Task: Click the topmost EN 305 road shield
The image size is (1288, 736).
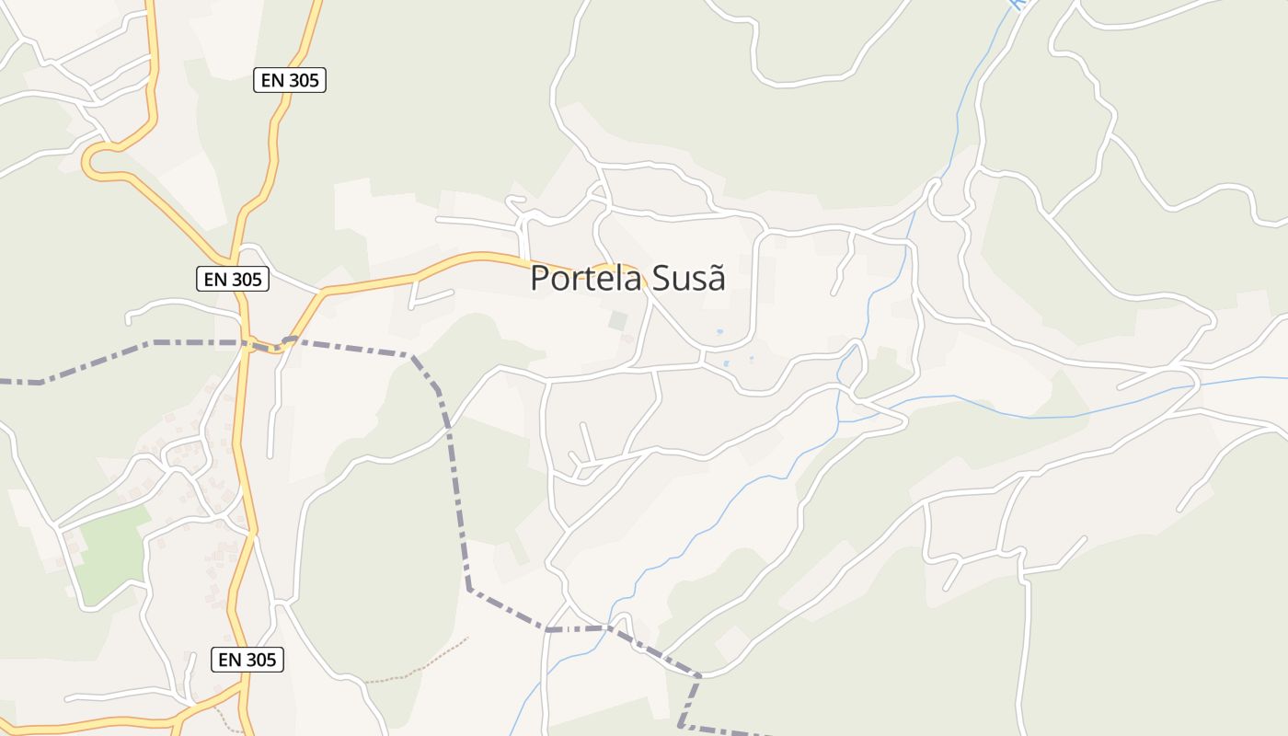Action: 290,80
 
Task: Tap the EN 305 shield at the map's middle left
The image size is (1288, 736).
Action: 233,279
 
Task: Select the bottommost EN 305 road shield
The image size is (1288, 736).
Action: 247,660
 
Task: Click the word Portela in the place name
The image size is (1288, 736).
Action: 586,278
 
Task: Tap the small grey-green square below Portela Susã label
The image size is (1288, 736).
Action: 617,321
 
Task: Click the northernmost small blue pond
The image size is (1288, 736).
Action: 719,332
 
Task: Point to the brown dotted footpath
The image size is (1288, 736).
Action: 423,665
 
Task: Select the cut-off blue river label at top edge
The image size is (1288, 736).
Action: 1016,5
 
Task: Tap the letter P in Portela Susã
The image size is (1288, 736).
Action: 540,279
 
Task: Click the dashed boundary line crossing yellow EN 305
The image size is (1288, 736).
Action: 247,343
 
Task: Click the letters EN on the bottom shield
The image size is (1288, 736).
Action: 230,660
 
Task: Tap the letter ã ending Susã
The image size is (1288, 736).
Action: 717,278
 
